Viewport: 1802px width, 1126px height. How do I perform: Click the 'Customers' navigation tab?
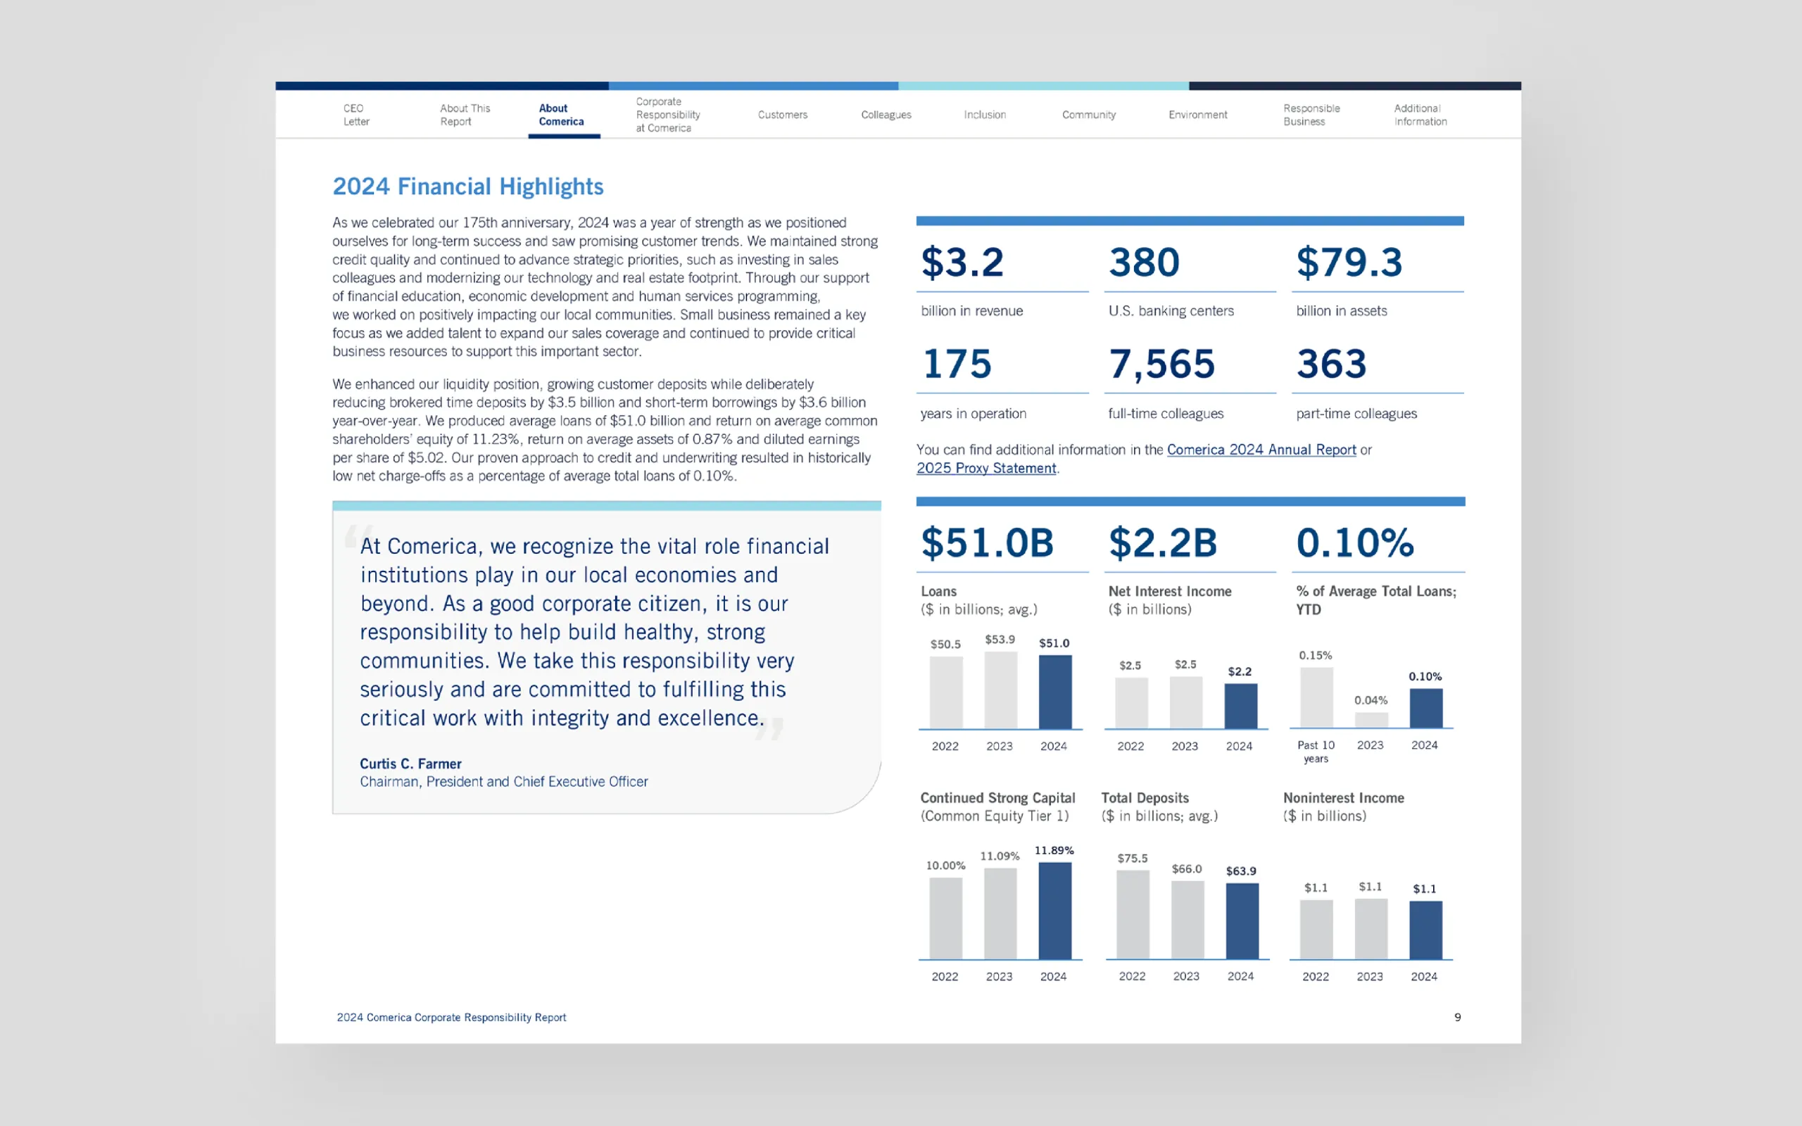coord(782,115)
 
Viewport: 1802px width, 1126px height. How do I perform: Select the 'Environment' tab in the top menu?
coord(1197,115)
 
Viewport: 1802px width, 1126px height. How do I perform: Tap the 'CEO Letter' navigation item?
coord(356,115)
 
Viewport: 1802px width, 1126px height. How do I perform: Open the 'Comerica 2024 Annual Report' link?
coord(1261,450)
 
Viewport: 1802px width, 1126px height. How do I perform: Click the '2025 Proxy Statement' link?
coord(986,469)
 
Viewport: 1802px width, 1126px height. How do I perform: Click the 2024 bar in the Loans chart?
coord(1055,692)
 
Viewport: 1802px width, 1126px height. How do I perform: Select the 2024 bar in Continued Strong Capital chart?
coord(1054,910)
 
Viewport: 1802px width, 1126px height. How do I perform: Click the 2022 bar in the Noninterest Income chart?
coord(1316,929)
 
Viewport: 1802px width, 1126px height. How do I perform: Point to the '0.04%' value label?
coord(1370,700)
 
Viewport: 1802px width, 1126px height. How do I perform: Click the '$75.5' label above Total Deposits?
coord(1132,859)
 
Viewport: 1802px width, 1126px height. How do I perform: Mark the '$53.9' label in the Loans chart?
coord(1000,640)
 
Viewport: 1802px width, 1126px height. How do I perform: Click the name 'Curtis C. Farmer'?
coord(410,764)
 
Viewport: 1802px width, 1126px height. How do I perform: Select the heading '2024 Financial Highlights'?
coord(467,186)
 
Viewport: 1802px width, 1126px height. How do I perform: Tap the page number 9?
coord(1457,1018)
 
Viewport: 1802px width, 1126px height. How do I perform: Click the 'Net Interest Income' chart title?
coord(1169,591)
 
